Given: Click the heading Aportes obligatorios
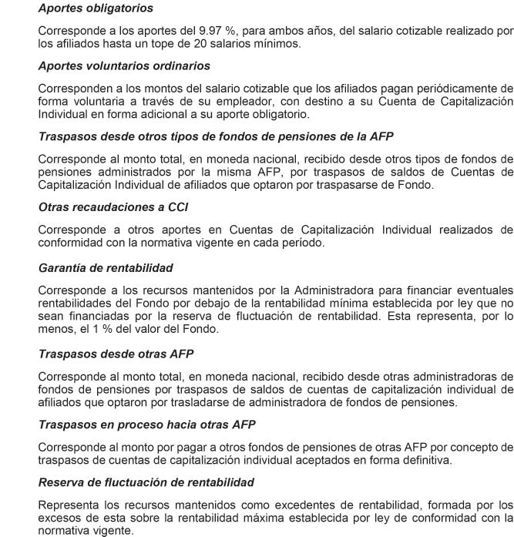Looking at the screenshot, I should point(95,9).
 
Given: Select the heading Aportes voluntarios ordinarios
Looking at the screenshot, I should point(123,65).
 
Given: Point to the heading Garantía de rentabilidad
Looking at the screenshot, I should point(106,268).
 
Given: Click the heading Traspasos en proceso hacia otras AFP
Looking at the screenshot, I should point(146,425).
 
